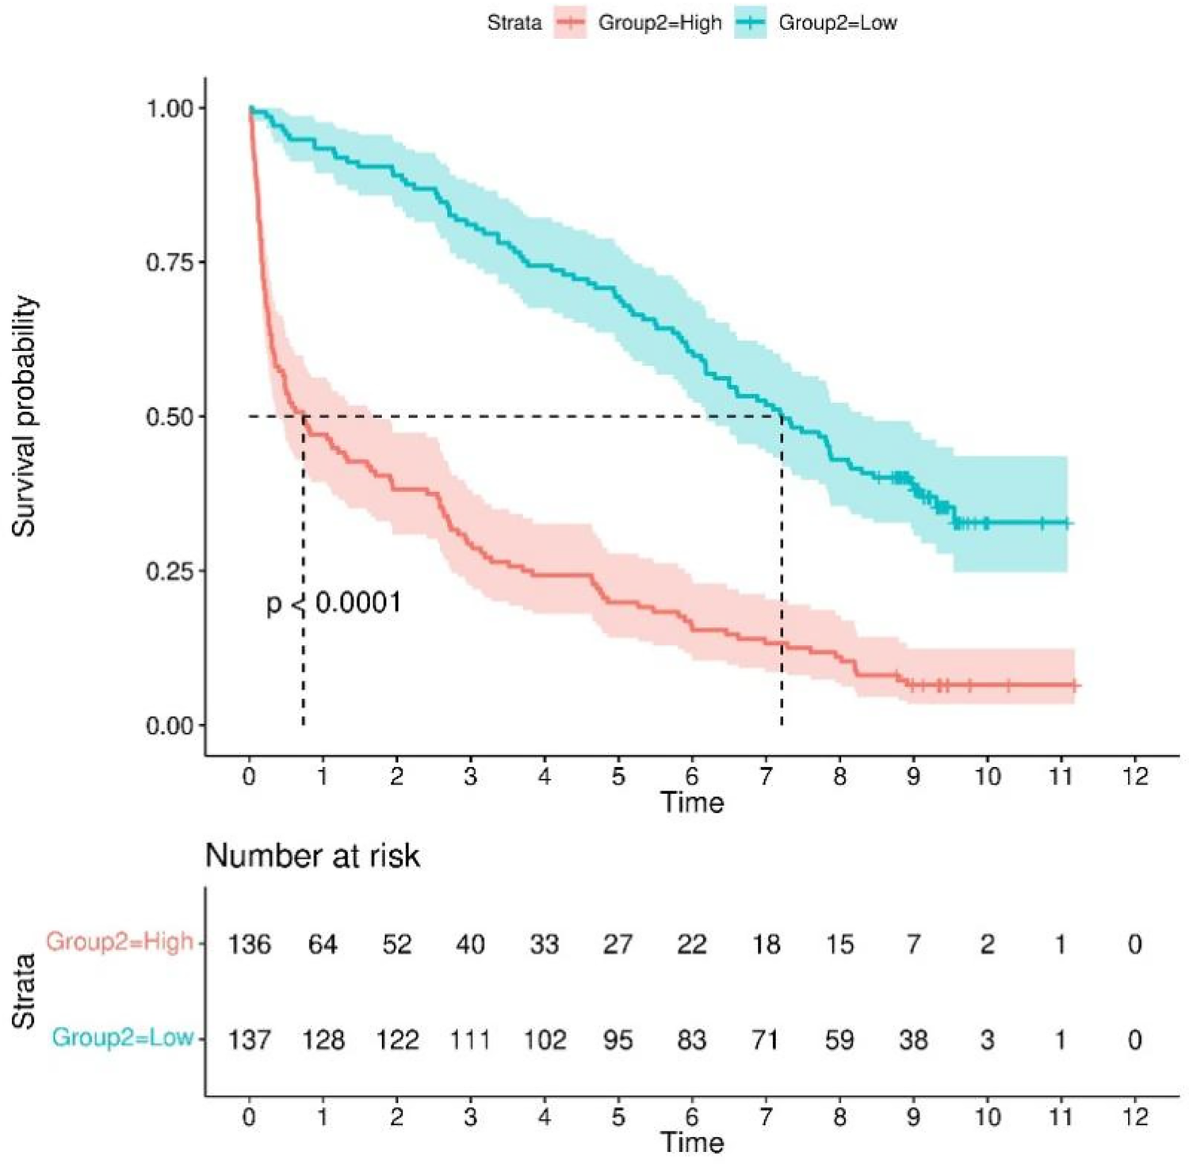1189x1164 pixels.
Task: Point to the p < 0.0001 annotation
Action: (x=334, y=603)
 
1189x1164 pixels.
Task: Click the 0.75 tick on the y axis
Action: (x=170, y=262)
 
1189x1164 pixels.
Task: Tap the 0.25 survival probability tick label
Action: (x=170, y=571)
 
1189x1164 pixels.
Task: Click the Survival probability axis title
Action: (x=25, y=416)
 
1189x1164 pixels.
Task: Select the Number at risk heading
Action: (x=312, y=856)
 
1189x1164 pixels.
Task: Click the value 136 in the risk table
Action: (x=250, y=945)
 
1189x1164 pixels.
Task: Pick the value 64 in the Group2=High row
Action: (x=323, y=945)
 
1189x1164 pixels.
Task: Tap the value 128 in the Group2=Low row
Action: (x=323, y=1040)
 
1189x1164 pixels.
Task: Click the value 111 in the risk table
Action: (x=470, y=1040)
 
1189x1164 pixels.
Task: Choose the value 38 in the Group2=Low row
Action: (x=913, y=1040)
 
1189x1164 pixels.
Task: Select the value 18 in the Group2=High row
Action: (x=766, y=945)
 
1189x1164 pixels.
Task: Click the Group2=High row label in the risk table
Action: (x=120, y=942)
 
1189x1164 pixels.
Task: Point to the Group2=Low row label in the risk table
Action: (x=123, y=1037)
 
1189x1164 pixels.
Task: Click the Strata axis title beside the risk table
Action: (x=25, y=990)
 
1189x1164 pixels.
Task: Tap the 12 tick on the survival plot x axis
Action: (x=1135, y=776)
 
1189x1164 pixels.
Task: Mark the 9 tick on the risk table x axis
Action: (x=913, y=1116)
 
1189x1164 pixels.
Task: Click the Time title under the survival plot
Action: (x=692, y=803)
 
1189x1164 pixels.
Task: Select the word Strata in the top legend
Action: (x=514, y=23)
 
